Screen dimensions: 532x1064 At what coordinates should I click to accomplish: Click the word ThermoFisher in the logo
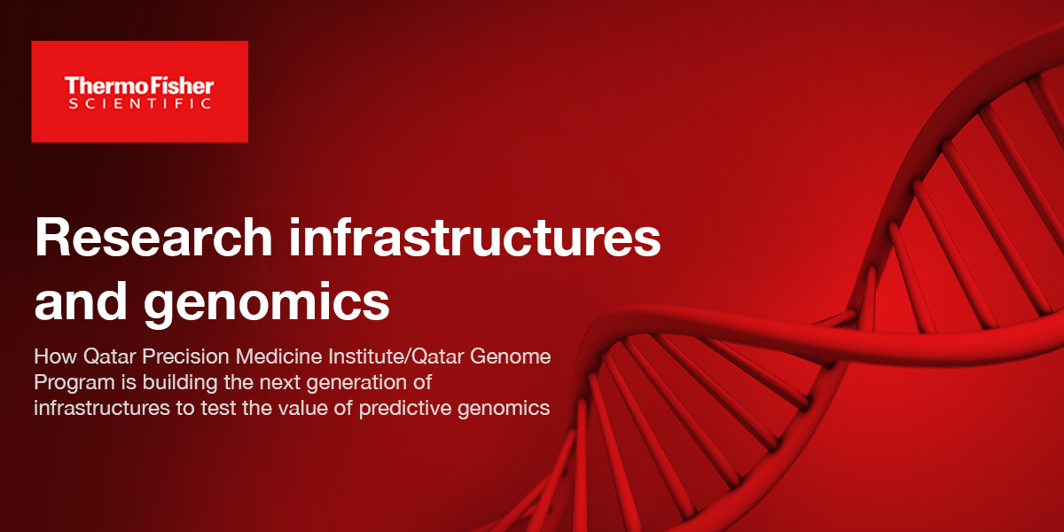click(139, 85)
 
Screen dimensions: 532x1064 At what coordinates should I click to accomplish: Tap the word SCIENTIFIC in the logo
click(139, 104)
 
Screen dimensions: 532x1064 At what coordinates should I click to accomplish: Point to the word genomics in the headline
click(266, 301)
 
